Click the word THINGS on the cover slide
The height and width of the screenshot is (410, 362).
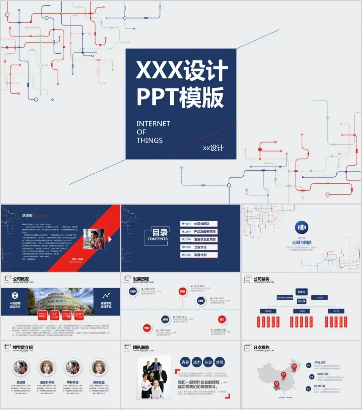tap(149, 140)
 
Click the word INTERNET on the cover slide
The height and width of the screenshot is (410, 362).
tap(153, 124)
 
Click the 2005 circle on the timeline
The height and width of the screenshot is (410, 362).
tap(133, 292)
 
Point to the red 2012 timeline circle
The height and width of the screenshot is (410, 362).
tap(182, 292)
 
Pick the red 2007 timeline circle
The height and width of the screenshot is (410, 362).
tap(147, 328)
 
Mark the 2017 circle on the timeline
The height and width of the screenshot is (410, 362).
tap(222, 319)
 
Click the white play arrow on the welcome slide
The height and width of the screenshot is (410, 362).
tap(110, 239)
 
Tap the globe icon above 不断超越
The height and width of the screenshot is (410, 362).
tap(15, 295)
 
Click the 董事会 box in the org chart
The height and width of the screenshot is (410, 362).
tap(301, 292)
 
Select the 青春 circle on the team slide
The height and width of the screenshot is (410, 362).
tap(185, 362)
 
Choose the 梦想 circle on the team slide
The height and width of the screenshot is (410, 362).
tap(220, 362)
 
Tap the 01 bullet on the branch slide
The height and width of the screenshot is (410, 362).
tap(309, 365)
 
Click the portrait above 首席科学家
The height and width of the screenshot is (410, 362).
tap(47, 368)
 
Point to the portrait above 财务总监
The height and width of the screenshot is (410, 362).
tap(99, 368)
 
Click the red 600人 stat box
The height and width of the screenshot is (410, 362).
tap(43, 315)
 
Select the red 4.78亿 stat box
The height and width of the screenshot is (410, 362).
tap(67, 315)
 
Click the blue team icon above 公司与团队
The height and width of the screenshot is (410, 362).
tap(302, 228)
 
